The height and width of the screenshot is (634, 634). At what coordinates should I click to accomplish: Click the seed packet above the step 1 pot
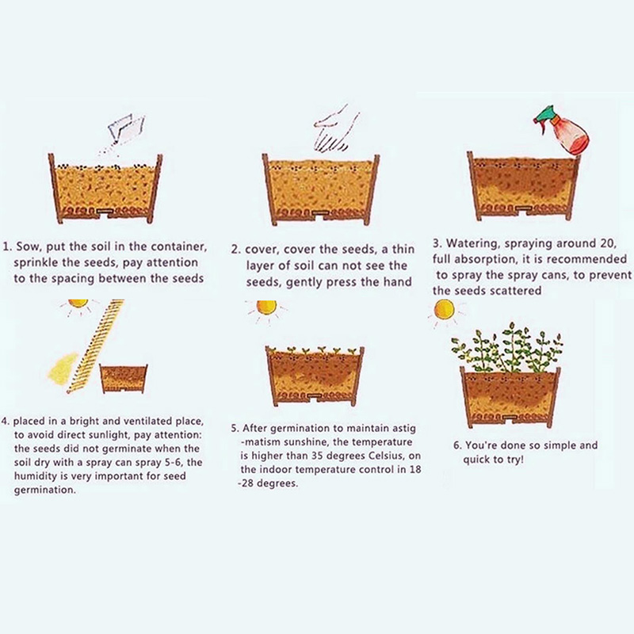point(126,129)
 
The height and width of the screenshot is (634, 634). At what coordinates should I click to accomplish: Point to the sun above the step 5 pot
point(266,307)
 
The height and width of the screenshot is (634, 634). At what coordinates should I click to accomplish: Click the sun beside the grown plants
point(444,310)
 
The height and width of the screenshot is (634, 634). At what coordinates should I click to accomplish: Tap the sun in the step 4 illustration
point(78,304)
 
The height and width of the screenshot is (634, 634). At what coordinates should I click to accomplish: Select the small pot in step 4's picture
point(124,379)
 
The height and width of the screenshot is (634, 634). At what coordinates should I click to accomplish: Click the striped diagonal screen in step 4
point(96,346)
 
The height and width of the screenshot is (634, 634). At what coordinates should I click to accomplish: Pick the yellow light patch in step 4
point(63,368)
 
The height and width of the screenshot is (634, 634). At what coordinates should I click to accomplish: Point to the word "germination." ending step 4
point(44,491)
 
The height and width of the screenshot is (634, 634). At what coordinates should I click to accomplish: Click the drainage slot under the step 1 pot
point(105,212)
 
